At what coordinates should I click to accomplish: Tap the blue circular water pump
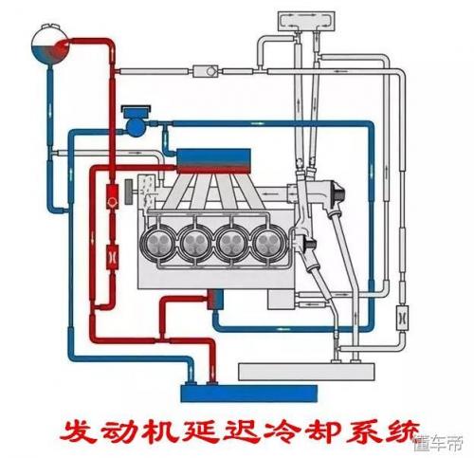coord(137,127)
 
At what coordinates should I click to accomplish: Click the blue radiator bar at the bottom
coord(249,394)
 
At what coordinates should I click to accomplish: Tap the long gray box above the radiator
coord(306,372)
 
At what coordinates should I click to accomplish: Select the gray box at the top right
coord(306,22)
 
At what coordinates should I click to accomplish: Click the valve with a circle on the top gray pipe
coord(206,71)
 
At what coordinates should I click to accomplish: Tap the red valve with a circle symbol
coord(112,197)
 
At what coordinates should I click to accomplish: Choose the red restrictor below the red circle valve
coord(113,257)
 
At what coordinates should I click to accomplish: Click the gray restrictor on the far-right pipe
coord(402,318)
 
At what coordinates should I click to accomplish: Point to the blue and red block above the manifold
coord(213,161)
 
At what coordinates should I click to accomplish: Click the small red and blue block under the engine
coord(215,299)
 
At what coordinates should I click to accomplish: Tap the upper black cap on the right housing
coord(338,193)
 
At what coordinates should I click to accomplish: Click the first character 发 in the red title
coord(77,431)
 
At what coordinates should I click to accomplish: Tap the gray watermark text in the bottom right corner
coord(439,443)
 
